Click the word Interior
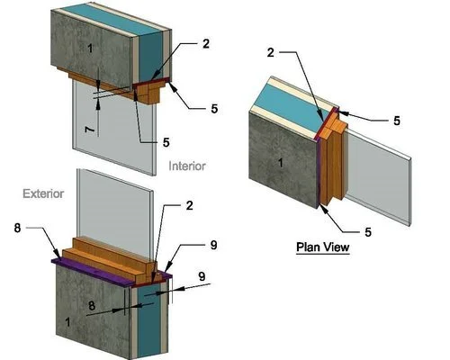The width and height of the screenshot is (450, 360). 187,166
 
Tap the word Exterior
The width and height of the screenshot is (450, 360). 43,193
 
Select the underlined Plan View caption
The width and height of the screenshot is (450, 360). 323,247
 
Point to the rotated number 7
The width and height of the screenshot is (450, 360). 89,130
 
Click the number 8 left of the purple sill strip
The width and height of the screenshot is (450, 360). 18,228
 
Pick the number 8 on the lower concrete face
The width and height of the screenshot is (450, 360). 92,306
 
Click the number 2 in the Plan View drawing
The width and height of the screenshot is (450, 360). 271,53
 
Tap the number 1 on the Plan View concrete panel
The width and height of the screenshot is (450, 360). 281,163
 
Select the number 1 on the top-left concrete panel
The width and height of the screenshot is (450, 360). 90,49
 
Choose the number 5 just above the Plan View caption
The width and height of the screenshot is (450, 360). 368,232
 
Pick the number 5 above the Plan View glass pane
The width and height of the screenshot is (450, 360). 397,121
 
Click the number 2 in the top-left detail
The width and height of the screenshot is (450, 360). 206,44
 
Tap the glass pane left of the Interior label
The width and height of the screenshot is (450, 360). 114,128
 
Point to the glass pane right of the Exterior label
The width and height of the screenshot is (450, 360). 115,213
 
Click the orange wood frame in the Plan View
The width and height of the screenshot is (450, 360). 334,159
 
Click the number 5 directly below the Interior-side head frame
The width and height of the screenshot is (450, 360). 166,142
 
